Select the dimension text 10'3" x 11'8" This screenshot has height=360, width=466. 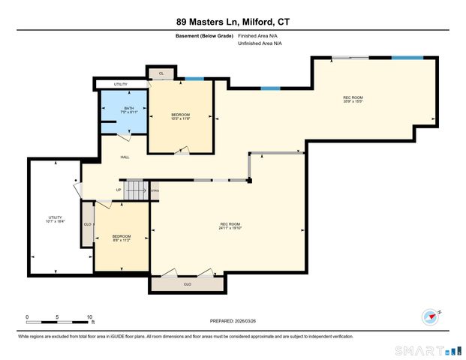click(181, 118)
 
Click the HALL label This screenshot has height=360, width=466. click(126, 157)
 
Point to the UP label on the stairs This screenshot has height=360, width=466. click(119, 190)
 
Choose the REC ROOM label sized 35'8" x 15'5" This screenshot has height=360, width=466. click(353, 97)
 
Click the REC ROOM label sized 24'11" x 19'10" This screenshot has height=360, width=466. click(229, 224)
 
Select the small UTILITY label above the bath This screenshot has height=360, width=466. click(120, 85)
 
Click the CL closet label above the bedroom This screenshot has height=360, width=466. click(161, 73)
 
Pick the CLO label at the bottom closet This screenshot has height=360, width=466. click(187, 284)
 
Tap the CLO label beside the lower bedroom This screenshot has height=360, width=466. click(87, 223)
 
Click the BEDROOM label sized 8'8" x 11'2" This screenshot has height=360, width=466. click(121, 236)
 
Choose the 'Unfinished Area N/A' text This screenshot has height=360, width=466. click(260, 43)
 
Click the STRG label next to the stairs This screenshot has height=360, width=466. click(155, 190)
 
